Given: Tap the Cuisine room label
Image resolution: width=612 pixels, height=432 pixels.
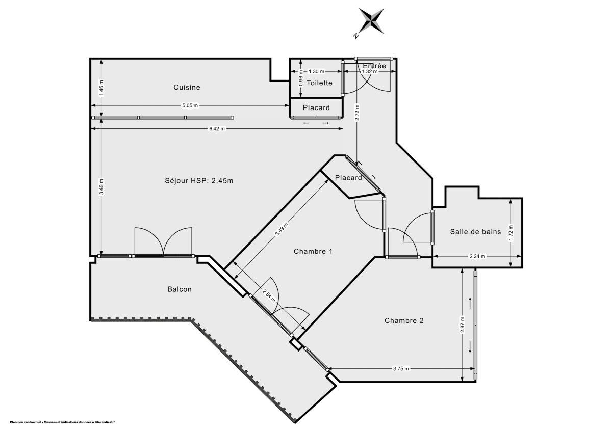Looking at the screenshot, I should click(187, 87).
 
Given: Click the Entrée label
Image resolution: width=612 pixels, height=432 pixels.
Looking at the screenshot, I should click(374, 66).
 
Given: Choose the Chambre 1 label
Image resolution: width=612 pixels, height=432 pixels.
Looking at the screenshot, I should click(313, 251).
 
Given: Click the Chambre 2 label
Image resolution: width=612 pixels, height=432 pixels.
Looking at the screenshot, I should click(404, 320).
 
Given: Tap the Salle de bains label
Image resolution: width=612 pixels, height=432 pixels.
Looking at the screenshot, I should click(475, 231).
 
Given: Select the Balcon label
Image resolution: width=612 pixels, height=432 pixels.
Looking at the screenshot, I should click(180, 289).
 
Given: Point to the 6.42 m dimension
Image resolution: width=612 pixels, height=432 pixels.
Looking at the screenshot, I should click(217, 129).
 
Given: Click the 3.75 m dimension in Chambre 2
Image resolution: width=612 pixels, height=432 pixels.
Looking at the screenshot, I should click(401, 369).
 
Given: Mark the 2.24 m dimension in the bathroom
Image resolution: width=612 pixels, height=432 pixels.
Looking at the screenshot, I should click(478, 256).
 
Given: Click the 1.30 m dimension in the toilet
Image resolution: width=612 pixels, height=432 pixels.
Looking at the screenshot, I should click(317, 72).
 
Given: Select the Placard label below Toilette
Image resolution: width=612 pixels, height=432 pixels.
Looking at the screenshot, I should click(316, 107).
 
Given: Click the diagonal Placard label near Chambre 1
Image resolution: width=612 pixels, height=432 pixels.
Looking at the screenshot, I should click(348, 178).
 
